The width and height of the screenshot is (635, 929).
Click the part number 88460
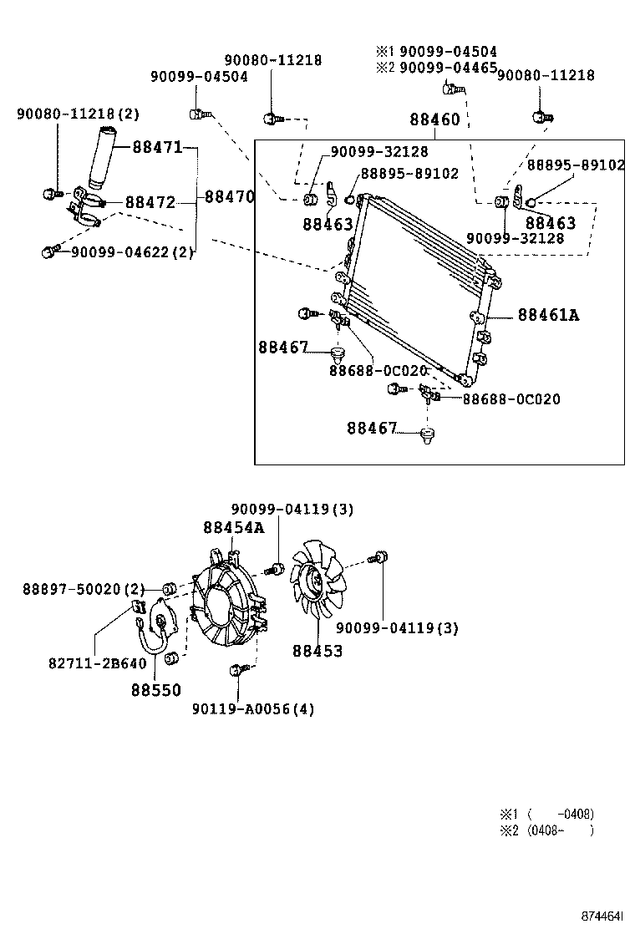coord(434,119)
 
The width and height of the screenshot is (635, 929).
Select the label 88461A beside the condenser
coord(548,315)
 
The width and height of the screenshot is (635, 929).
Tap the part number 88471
coord(156,148)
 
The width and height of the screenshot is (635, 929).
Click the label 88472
coord(150,202)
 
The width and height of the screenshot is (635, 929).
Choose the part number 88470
coord(229,197)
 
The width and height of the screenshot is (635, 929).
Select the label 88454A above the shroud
coord(233,527)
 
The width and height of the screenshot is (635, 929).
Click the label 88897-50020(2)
coord(84,590)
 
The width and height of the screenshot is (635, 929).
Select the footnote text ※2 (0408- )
coord(546,830)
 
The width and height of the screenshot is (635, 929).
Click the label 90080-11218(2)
coord(79,114)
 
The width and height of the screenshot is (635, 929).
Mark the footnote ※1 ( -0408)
coord(546,814)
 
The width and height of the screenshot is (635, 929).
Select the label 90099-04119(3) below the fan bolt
coord(397,628)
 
